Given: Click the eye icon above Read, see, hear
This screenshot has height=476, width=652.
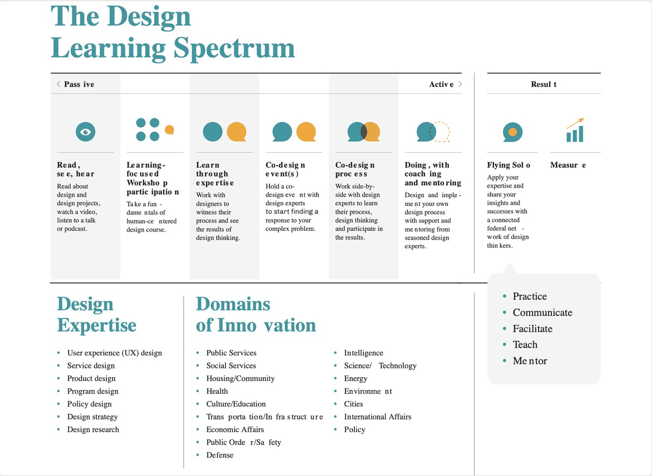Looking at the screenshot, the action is click(x=85, y=131).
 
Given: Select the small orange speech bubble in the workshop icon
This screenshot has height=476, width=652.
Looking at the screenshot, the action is click(x=170, y=129).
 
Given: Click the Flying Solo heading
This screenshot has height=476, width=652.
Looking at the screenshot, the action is click(x=509, y=165).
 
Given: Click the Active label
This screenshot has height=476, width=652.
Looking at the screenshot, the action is click(x=441, y=84).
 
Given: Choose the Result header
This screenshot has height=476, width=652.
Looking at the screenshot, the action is click(x=543, y=84).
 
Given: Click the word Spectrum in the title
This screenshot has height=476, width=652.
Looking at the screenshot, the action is click(x=234, y=48).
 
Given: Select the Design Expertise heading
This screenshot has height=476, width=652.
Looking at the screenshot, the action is click(x=97, y=315).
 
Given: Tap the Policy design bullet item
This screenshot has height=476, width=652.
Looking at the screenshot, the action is click(x=89, y=404).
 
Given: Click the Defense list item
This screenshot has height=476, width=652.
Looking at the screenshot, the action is click(x=220, y=455).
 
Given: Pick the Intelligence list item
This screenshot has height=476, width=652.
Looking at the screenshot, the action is click(x=363, y=353).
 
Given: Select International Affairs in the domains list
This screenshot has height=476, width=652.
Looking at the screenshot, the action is click(x=378, y=417).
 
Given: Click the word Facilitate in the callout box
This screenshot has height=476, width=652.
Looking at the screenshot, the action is click(x=532, y=329).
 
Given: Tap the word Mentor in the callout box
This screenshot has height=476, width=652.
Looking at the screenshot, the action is click(x=530, y=361).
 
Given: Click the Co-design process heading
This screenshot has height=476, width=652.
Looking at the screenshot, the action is click(x=355, y=170).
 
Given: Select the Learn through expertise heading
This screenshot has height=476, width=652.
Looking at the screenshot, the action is click(x=215, y=174).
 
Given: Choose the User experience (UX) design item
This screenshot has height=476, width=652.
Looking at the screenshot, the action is click(x=115, y=353).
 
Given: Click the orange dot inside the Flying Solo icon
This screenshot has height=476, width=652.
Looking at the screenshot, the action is click(x=512, y=131).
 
